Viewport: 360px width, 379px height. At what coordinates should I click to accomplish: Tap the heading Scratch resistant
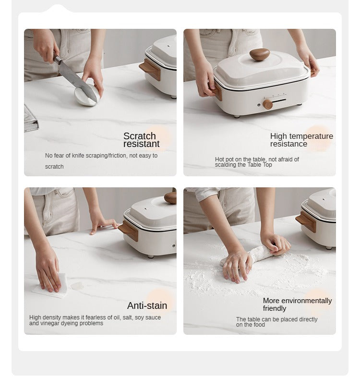coord(141,140)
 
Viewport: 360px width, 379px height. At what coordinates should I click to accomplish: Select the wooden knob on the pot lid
coord(260,54)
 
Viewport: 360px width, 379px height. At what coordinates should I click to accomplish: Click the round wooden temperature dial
coord(267,104)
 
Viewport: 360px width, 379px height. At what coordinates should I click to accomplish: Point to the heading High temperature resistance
coord(301,140)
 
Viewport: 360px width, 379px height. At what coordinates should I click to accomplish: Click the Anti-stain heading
coord(147,306)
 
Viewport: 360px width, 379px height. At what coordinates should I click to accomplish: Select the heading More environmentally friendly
coord(297,305)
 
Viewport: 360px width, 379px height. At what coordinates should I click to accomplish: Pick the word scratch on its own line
coord(54,167)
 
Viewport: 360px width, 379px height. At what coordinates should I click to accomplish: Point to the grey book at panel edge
coord(31,119)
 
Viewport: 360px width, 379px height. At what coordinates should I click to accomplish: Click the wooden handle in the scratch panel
coord(150,69)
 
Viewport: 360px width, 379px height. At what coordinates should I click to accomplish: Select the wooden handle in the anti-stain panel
coord(128,231)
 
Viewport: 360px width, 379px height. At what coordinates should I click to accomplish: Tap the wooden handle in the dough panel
coord(306,221)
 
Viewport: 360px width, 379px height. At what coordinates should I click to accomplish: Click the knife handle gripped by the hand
coord(57,59)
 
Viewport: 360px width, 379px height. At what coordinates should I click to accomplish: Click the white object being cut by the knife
coord(86,95)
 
